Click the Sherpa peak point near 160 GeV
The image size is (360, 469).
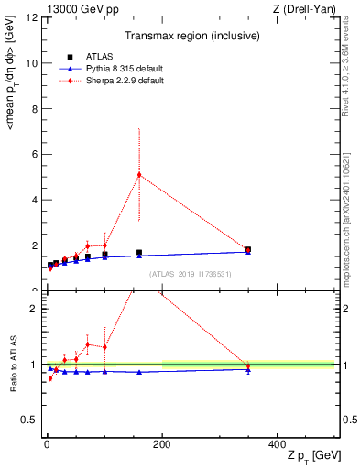(x=139, y=175)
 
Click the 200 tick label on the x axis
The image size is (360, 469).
(x=162, y=443)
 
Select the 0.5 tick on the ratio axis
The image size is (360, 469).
(x=27, y=421)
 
